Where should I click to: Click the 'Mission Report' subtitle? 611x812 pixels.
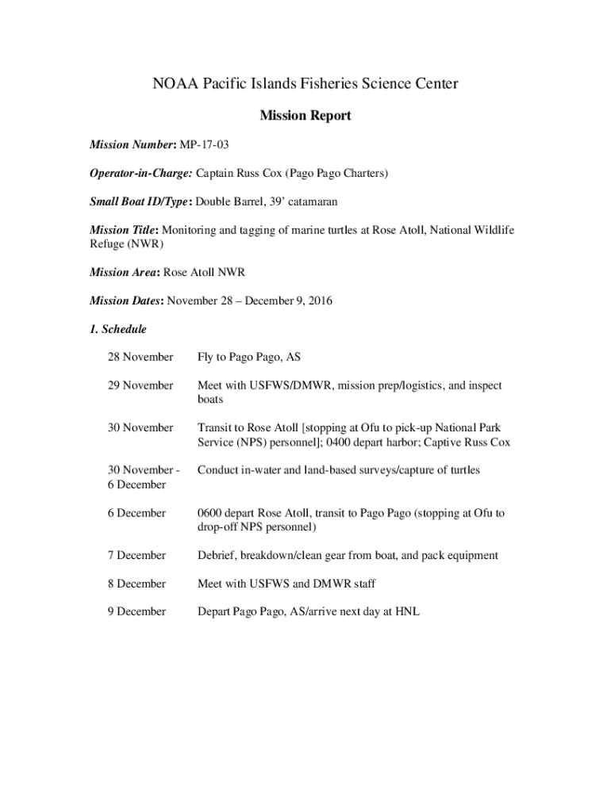tap(305, 117)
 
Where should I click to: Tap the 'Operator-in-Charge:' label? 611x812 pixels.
tap(140, 174)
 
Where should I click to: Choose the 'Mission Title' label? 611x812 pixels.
tap(123, 230)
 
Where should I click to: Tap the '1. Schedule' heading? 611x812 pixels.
tap(117, 329)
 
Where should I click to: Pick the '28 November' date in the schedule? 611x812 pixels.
tap(140, 358)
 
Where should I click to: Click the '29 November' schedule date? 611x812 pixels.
tap(140, 385)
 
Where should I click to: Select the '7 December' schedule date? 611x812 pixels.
tap(137, 555)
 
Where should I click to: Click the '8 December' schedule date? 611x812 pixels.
tap(137, 584)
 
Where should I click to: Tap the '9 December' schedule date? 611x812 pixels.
tap(137, 611)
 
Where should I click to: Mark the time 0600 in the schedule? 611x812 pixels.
tap(212, 513)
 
